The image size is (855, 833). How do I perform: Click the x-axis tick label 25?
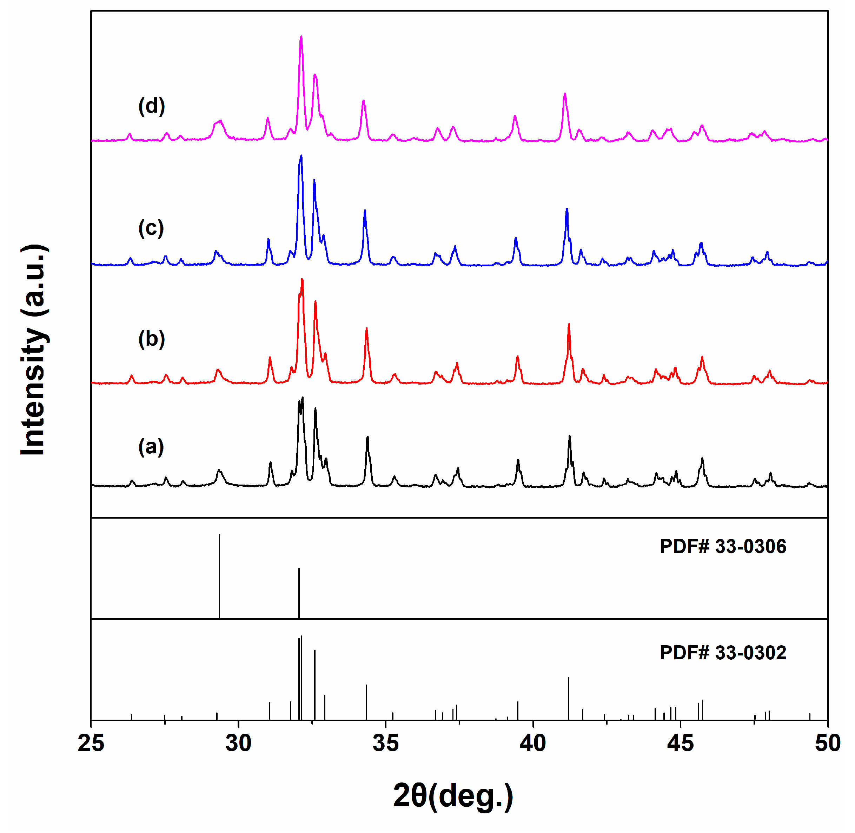pyautogui.click(x=91, y=743)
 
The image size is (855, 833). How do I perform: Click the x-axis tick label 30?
pyautogui.click(x=238, y=743)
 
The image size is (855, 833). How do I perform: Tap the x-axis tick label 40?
pyautogui.click(x=533, y=743)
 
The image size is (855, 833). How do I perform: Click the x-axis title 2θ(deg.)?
pyautogui.click(x=453, y=796)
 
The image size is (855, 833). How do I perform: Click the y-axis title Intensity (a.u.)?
pyautogui.click(x=34, y=350)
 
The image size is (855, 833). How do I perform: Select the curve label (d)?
pyautogui.click(x=151, y=106)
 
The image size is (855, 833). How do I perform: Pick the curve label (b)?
pyautogui.click(x=151, y=339)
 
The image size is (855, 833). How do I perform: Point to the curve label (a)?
pyautogui.click(x=151, y=447)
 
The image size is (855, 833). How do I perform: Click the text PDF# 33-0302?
pyautogui.click(x=722, y=653)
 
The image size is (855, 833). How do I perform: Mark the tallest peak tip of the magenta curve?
pyautogui.click(x=301, y=37)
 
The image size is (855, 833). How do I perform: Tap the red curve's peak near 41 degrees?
pyautogui.click(x=569, y=324)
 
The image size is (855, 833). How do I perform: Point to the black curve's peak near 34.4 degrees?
pyautogui.click(x=367, y=437)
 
